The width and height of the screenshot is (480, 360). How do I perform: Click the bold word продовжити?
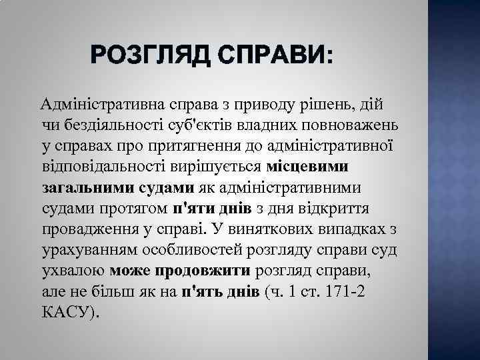click(203, 271)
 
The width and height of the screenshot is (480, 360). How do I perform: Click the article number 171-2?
click(338, 293)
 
